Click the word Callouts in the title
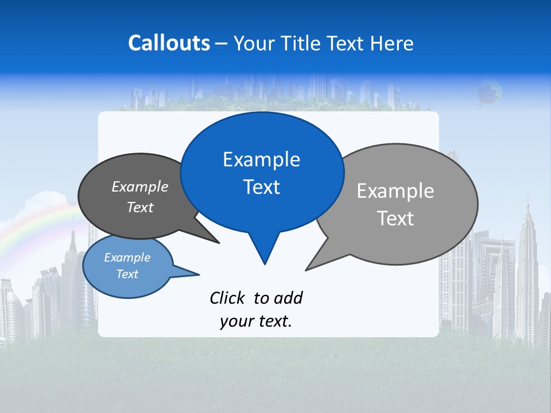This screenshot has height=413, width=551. pyautogui.click(x=169, y=43)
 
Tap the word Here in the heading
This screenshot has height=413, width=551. pyautogui.click(x=391, y=43)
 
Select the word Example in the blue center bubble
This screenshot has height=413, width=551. pyautogui.click(x=261, y=159)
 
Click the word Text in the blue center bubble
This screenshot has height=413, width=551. pyautogui.click(x=261, y=187)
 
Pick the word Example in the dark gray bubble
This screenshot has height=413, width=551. pyautogui.click(x=139, y=187)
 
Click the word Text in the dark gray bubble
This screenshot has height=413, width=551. pyautogui.click(x=139, y=207)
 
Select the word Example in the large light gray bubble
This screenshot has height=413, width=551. pyautogui.click(x=395, y=191)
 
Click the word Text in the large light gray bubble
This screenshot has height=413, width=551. pyautogui.click(x=395, y=219)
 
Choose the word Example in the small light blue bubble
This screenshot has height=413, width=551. pyautogui.click(x=127, y=258)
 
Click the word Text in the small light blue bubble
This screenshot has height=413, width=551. pyautogui.click(x=127, y=274)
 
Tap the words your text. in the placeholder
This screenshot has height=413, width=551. pyautogui.click(x=256, y=321)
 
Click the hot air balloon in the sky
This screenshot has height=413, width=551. pyautogui.click(x=490, y=91)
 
